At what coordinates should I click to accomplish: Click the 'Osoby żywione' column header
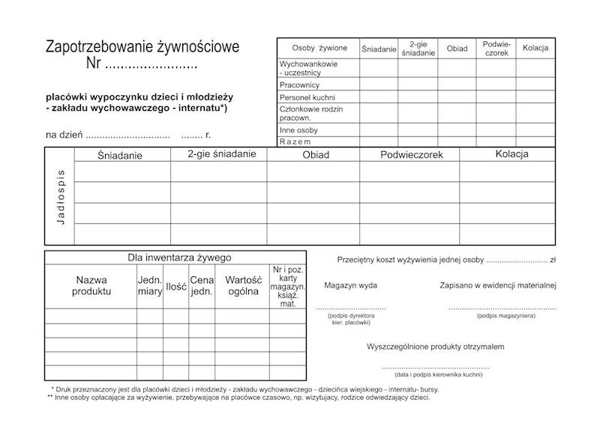coord(314,49)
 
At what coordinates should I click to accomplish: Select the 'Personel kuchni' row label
coord(307,97)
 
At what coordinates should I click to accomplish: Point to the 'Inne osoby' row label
coord(298,130)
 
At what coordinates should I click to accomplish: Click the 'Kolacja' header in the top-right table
coord(535,49)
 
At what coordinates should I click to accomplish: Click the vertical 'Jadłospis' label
coord(61,196)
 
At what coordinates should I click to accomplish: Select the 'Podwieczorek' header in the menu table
coord(412,155)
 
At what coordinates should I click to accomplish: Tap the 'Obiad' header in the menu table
coord(316,155)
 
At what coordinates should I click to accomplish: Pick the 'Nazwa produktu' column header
coord(91,285)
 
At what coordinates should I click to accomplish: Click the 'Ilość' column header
coord(176,286)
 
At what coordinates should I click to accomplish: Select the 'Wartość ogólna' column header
coord(242,285)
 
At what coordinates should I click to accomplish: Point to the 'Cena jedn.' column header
coord(202,285)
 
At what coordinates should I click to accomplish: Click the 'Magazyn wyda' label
coord(351,285)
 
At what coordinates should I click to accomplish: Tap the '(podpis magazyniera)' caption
coord(505,317)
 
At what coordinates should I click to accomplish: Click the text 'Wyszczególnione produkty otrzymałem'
coord(436,347)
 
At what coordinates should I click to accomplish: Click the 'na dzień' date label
coord(63,136)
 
